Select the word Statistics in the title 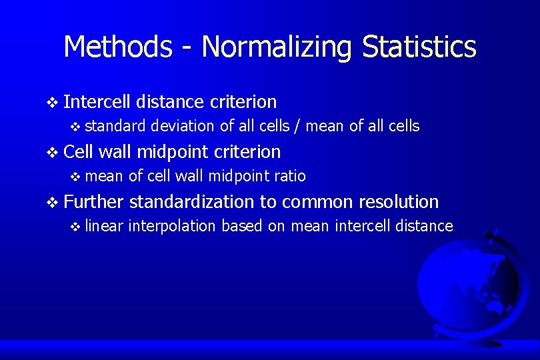point(419,47)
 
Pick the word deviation point(182,126)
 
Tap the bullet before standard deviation point(75,127)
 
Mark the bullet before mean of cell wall point(75,177)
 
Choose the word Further point(93,202)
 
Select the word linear point(104,226)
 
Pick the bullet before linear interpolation point(75,227)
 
